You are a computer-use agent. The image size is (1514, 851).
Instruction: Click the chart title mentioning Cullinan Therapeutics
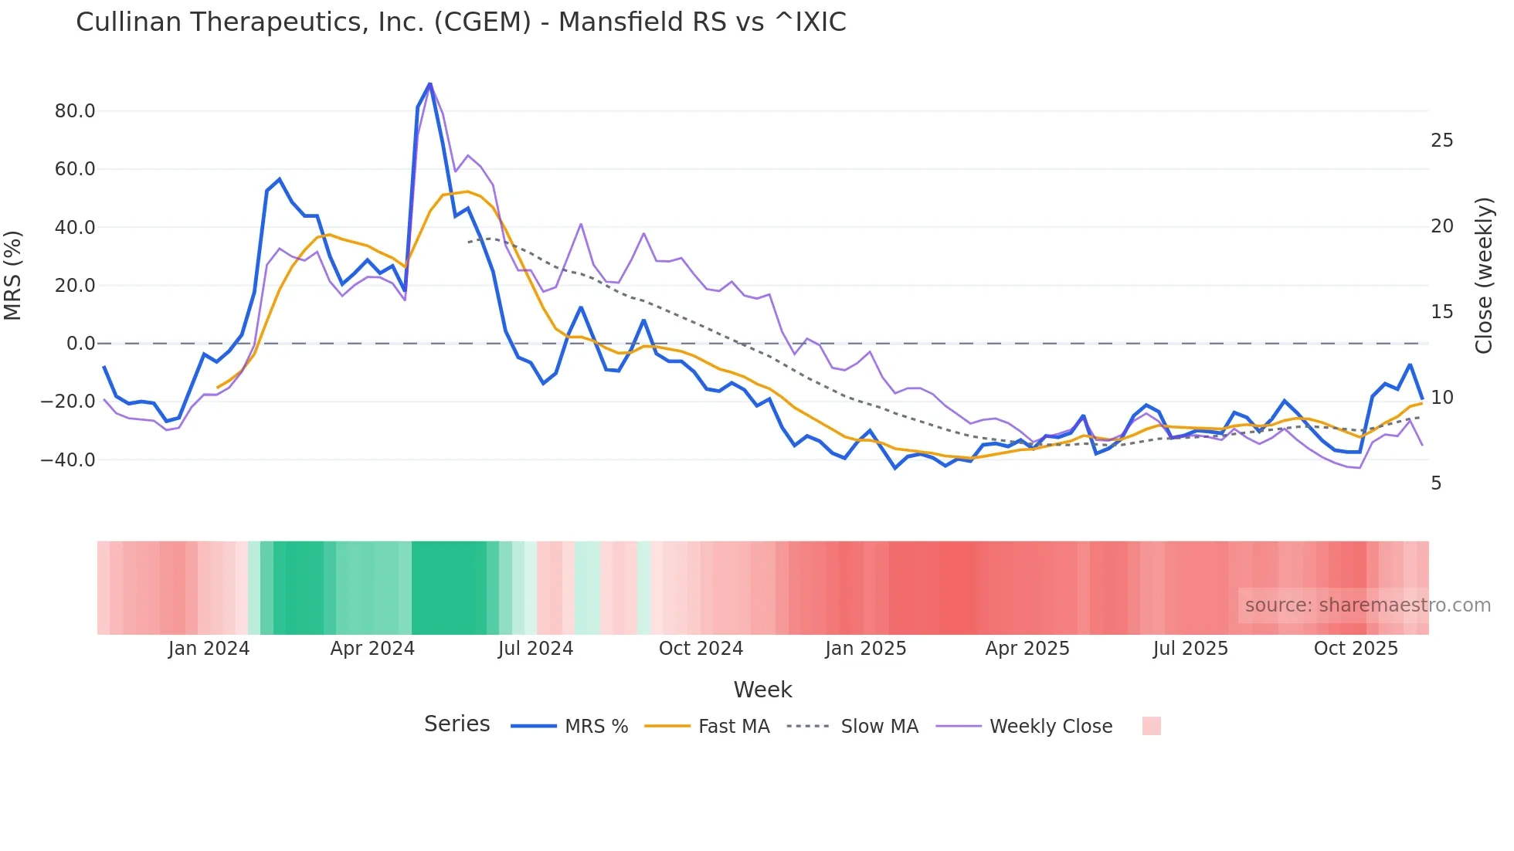click(460, 22)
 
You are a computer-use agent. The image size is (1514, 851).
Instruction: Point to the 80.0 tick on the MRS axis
click(75, 111)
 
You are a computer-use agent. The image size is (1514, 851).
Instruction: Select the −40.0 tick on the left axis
click(69, 460)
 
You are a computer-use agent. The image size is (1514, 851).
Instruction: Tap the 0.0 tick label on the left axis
click(80, 344)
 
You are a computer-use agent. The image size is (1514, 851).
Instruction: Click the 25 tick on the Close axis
click(1441, 141)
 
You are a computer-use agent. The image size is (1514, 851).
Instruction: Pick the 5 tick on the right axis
click(1436, 483)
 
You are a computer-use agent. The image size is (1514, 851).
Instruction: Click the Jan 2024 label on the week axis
click(209, 649)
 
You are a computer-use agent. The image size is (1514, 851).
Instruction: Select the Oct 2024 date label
click(701, 649)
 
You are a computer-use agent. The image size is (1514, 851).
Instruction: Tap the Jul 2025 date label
click(1190, 649)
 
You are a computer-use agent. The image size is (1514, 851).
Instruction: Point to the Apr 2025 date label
click(1027, 649)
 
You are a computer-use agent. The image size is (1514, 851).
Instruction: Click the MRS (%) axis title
click(13, 276)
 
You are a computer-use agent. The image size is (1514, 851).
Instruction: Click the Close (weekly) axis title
click(1484, 276)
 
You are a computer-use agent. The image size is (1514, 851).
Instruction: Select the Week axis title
click(762, 690)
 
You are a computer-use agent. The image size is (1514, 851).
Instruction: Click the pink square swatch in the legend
click(1151, 726)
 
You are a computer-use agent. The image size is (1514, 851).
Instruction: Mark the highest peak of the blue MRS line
click(429, 83)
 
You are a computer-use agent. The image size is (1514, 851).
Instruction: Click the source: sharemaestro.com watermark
click(1367, 605)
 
